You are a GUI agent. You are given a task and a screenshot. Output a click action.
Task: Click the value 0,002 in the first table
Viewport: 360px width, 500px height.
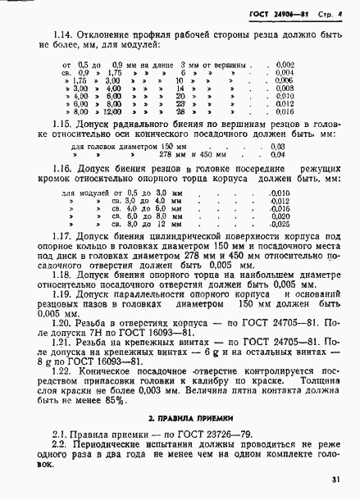(x=308, y=64)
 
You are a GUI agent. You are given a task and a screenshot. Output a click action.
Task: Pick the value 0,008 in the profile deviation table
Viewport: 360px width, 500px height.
(x=308, y=89)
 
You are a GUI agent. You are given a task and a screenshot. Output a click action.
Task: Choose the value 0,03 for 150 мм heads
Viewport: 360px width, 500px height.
(x=300, y=167)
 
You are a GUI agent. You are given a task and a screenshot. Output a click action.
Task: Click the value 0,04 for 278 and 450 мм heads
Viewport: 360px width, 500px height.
(x=300, y=175)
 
